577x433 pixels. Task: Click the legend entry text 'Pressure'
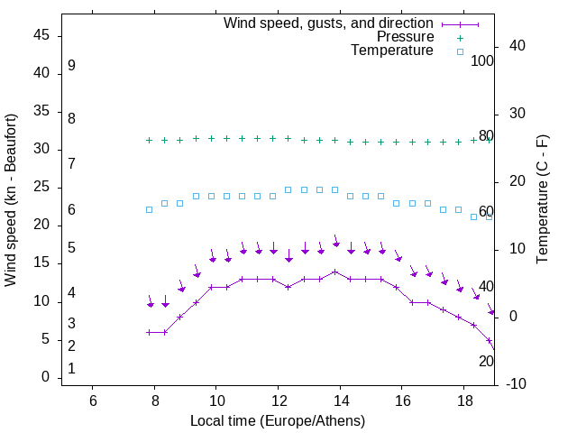pos(405,37)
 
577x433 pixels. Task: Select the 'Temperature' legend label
pos(392,51)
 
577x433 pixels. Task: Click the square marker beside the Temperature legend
pos(460,51)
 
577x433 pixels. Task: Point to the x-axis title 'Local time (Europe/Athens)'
pos(278,420)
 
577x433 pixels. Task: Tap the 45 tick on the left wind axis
pos(41,35)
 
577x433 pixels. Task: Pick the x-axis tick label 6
pos(93,401)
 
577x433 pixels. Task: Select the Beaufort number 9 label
pos(71,66)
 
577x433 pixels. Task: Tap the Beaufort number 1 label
pos(71,368)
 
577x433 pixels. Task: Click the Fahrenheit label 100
pos(483,61)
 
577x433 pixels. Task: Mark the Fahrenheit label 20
pos(486,361)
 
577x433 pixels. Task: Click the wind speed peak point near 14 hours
pos(334,272)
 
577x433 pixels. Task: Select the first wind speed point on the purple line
pos(150,332)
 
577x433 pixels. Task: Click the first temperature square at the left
pos(150,209)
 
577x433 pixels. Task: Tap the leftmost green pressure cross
pos(150,140)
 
